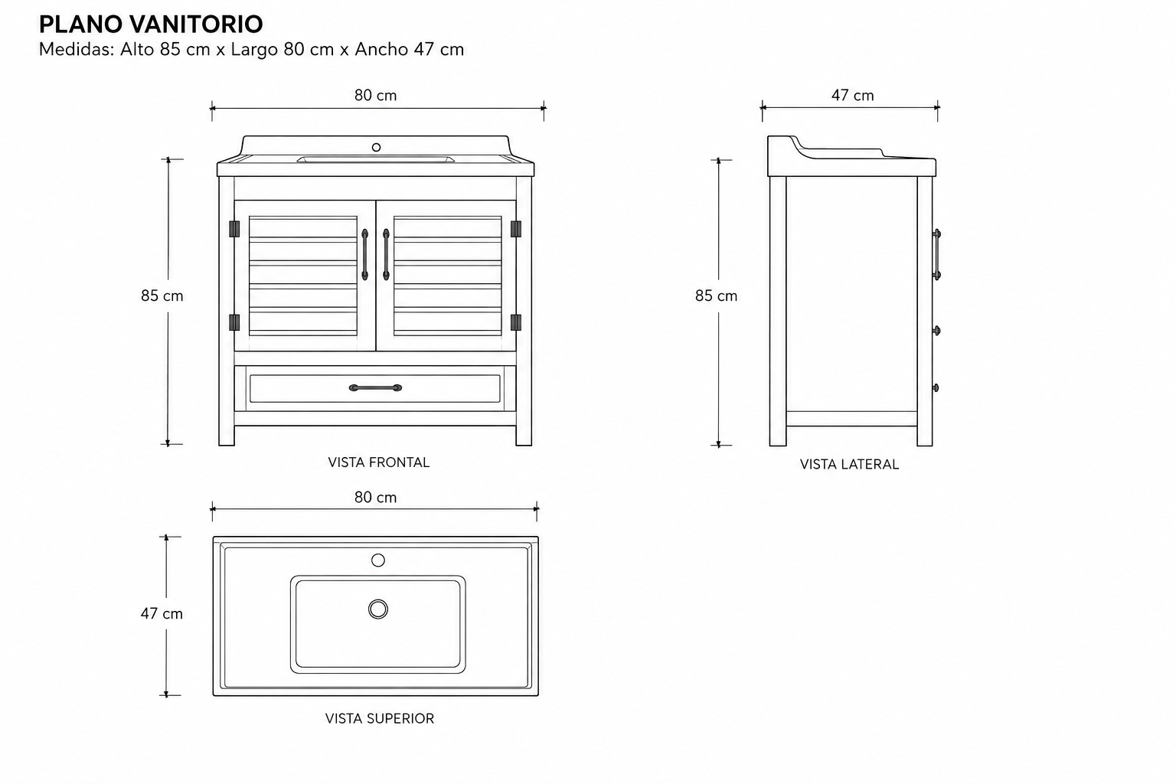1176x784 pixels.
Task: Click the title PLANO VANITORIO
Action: pyautogui.click(x=151, y=24)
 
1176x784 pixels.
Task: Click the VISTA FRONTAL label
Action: pyautogui.click(x=378, y=462)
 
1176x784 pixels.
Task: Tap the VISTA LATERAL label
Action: pyautogui.click(x=849, y=464)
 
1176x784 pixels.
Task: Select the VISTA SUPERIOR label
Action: pyautogui.click(x=380, y=718)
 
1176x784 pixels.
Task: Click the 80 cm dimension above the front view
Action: pyautogui.click(x=375, y=95)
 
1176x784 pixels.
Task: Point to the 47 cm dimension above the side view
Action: pyautogui.click(x=853, y=95)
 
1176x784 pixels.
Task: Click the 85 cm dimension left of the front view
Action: pyautogui.click(x=162, y=296)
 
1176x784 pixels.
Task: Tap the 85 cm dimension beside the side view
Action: pyautogui.click(x=716, y=296)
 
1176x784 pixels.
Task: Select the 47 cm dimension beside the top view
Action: pyautogui.click(x=162, y=613)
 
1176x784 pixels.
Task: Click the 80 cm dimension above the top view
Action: pyautogui.click(x=375, y=498)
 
